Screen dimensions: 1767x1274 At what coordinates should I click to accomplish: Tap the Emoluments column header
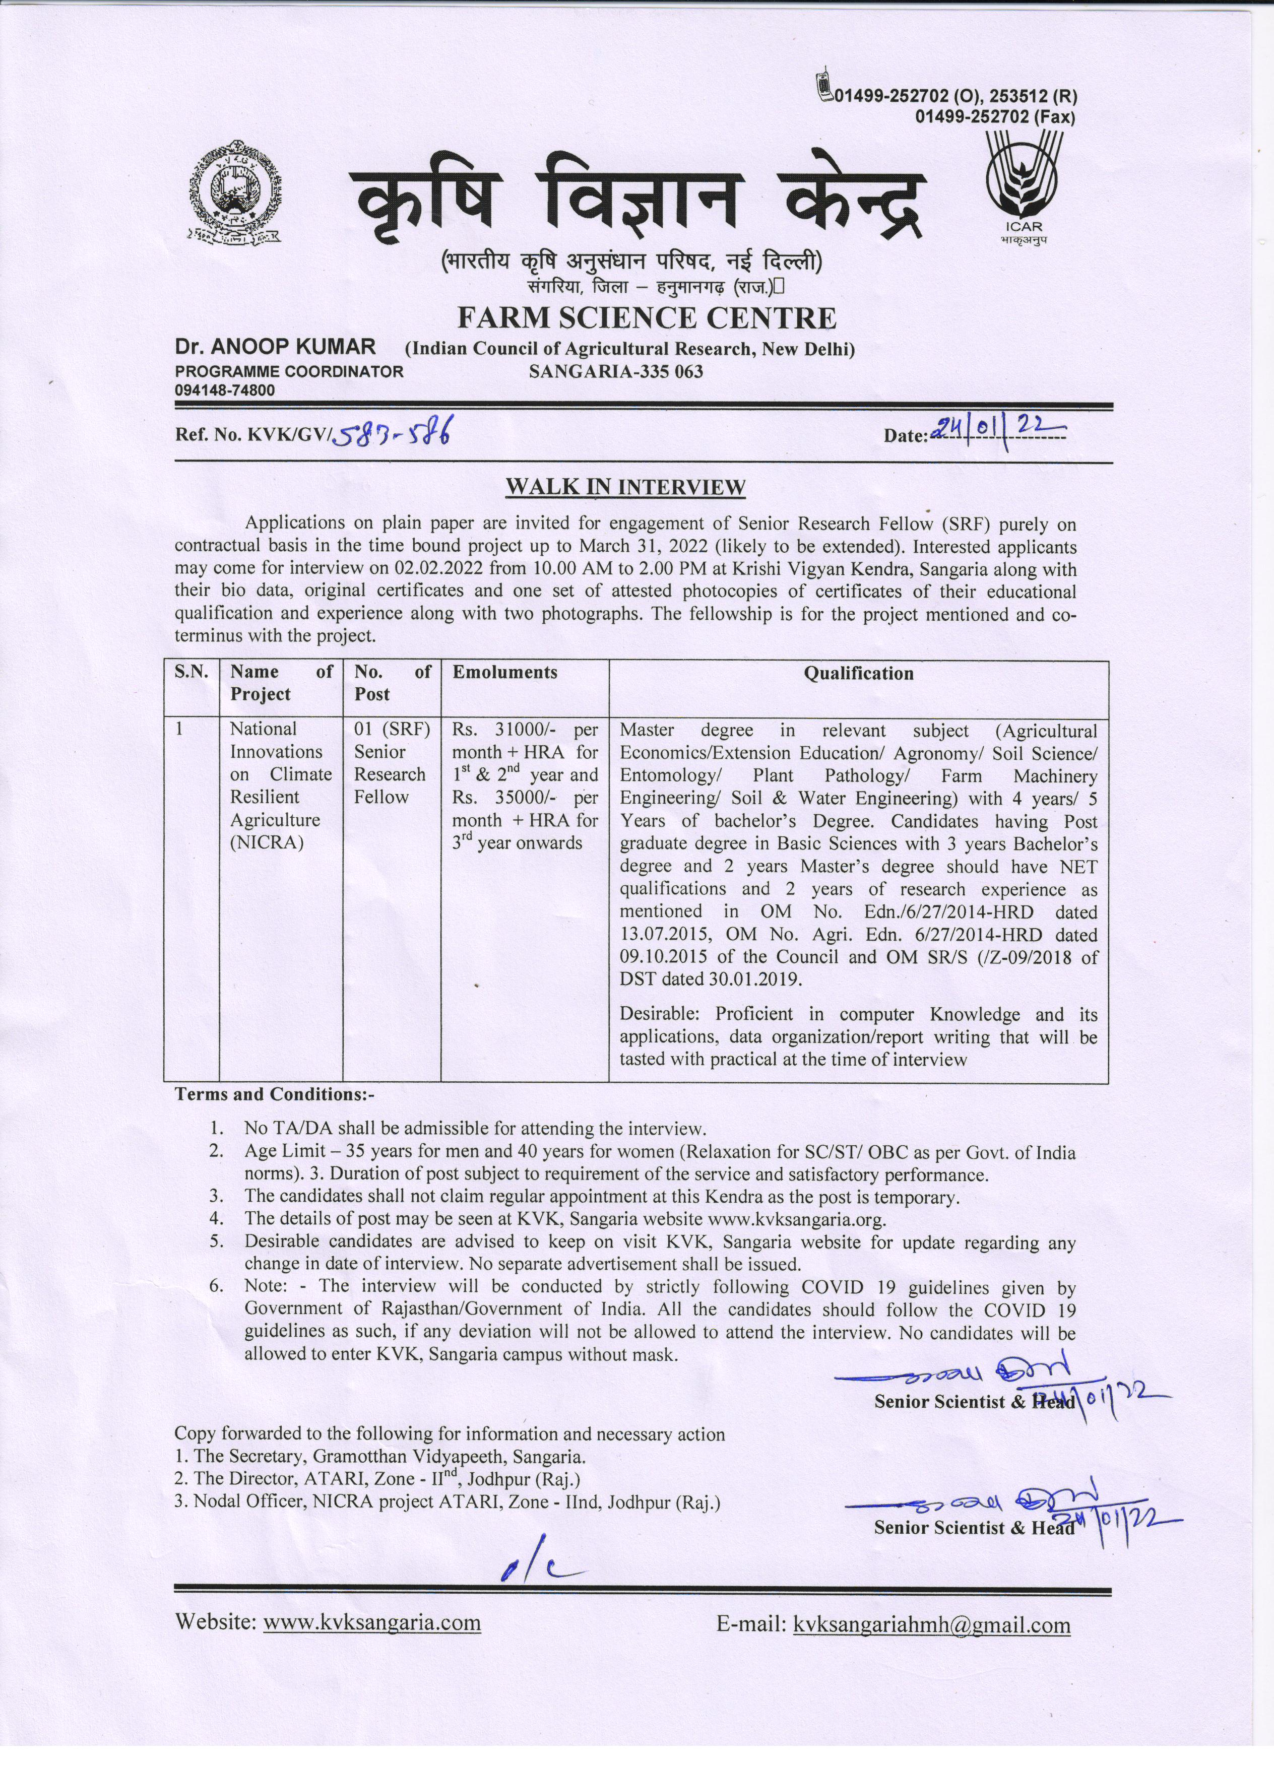[x=505, y=672]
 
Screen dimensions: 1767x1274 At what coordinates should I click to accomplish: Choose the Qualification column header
[x=858, y=673]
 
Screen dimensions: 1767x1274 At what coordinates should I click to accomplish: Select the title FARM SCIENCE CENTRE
[x=646, y=318]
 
